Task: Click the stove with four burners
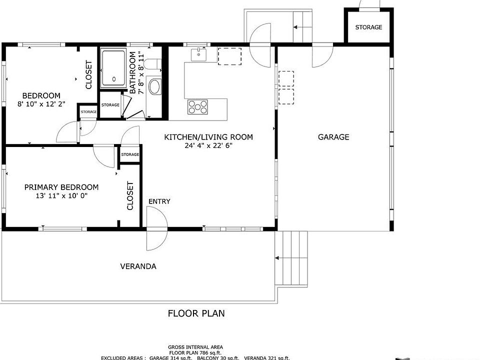[198, 107]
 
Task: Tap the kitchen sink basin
[198, 55]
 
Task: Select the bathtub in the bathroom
[113, 68]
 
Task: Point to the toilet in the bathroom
[152, 64]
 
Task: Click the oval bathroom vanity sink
[155, 87]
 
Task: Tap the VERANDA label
[138, 266]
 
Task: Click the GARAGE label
[333, 137]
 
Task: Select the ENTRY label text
[159, 201]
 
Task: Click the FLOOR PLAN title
[196, 313]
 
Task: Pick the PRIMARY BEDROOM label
[61, 187]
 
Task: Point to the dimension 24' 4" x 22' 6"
[208, 145]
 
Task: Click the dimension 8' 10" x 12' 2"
[41, 104]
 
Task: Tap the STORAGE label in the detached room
[368, 27]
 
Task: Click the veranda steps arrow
[277, 258]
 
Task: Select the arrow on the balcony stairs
[295, 27]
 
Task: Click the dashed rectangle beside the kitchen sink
[229, 56]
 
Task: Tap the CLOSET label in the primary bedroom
[130, 196]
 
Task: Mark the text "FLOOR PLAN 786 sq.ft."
[195, 352]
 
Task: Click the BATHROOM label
[132, 72]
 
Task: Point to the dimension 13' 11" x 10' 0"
[61, 196]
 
